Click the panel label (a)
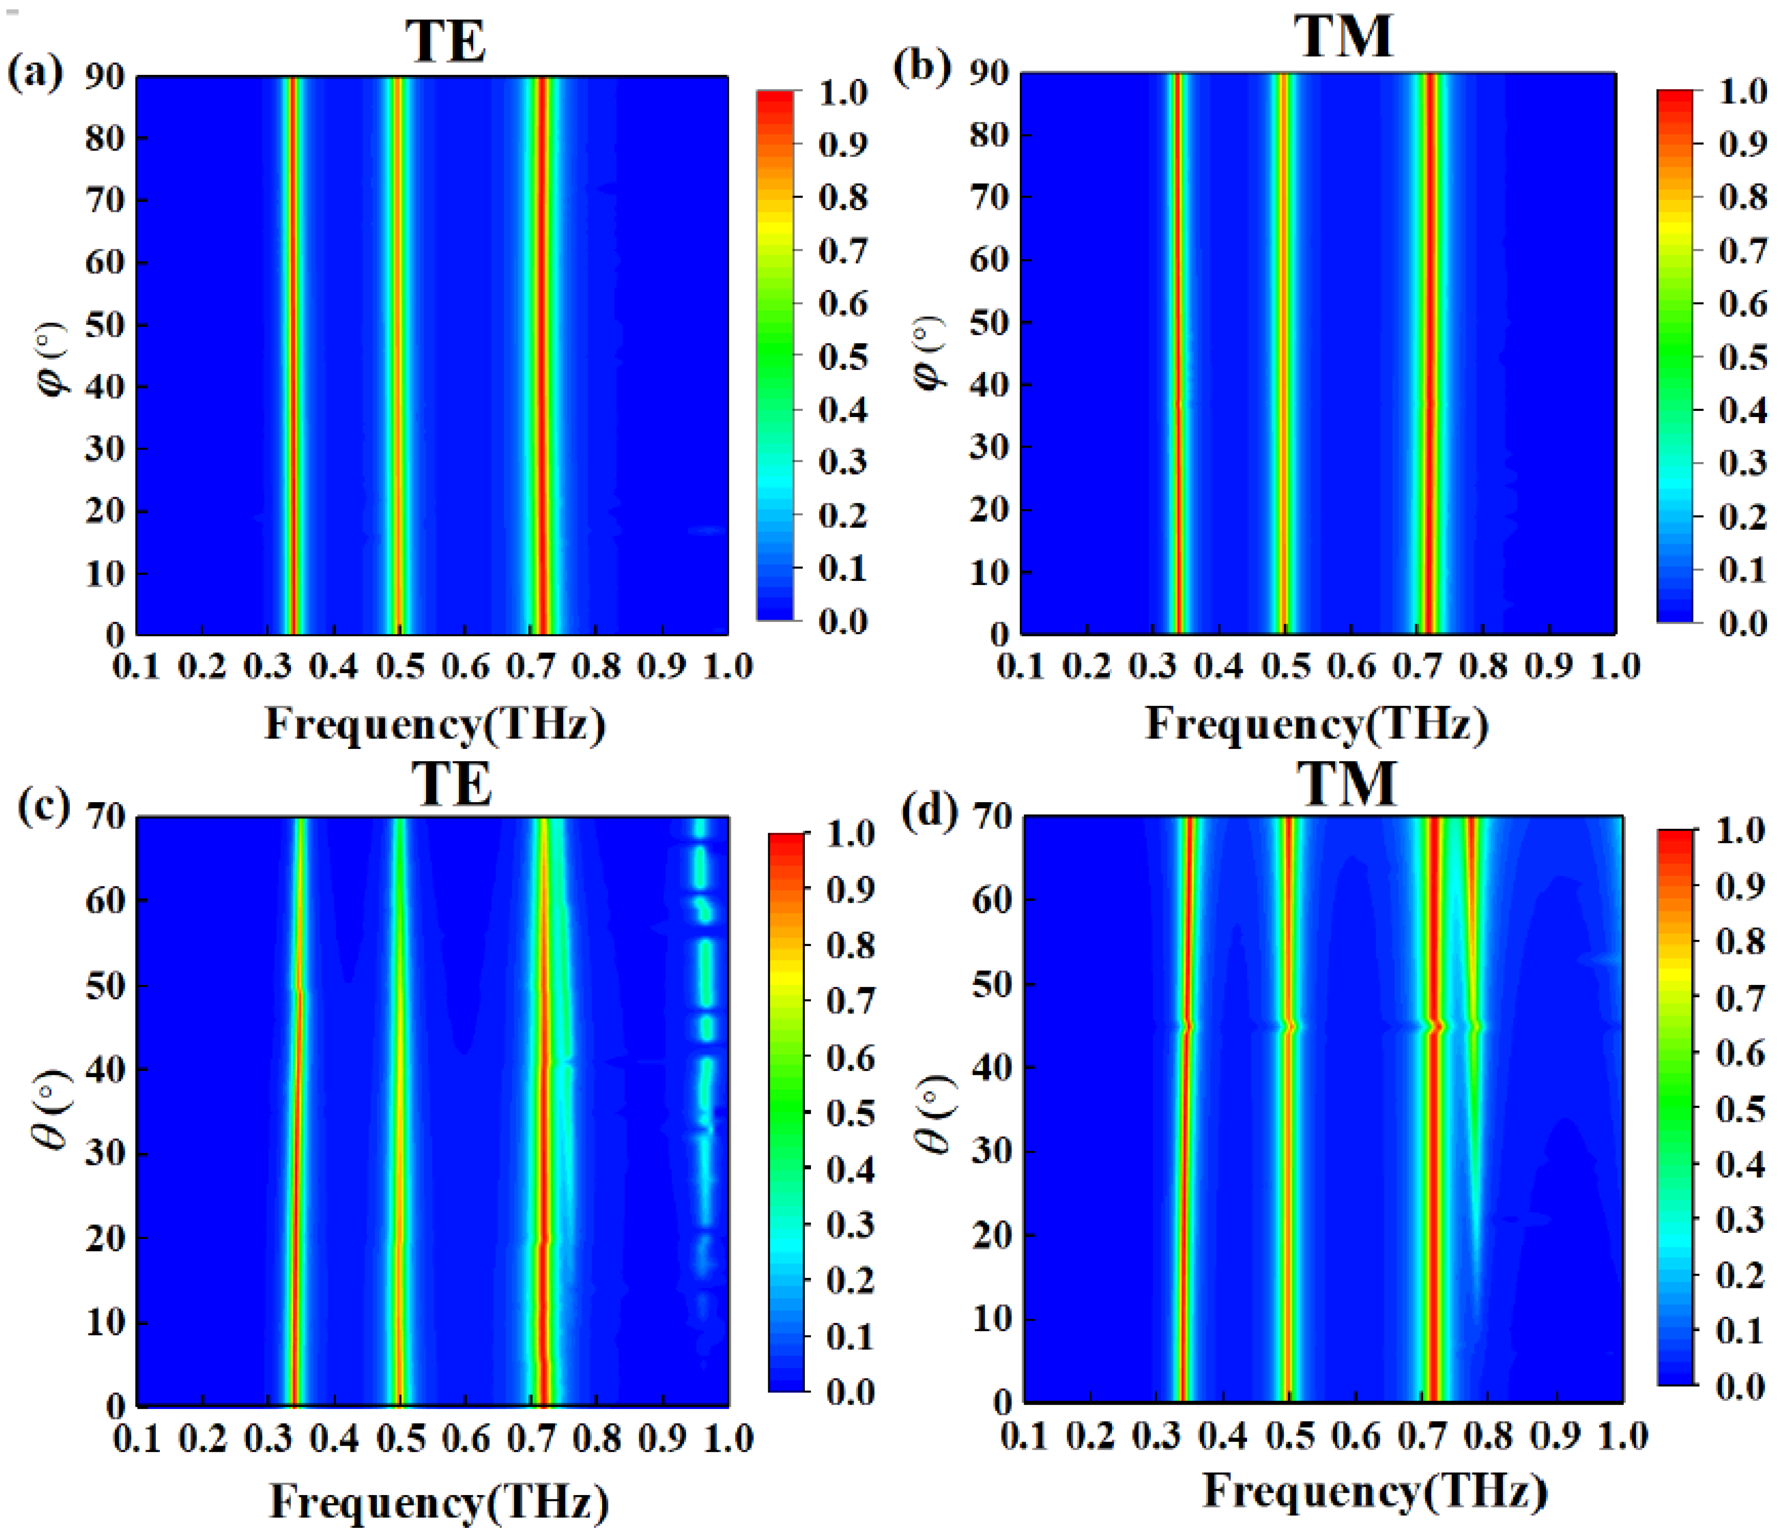[x=35, y=72]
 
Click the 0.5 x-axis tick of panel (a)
[x=399, y=667]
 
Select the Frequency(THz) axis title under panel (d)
[x=1375, y=1490]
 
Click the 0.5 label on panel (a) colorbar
[x=842, y=356]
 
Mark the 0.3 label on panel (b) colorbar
[x=1742, y=463]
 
